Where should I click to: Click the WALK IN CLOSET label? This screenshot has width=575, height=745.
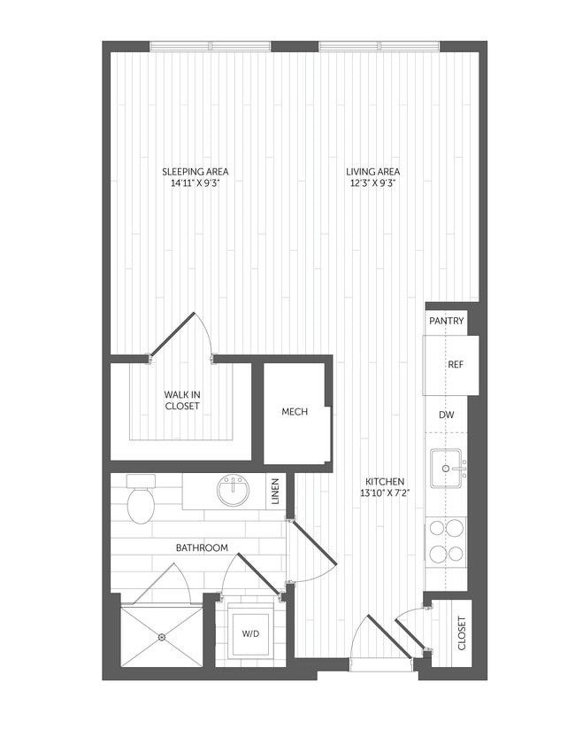(x=182, y=400)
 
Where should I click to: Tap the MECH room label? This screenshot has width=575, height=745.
(x=295, y=413)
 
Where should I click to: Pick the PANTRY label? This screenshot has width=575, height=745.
(x=447, y=322)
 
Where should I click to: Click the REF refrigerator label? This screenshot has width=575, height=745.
(x=456, y=364)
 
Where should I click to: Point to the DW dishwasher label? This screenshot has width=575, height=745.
(x=447, y=414)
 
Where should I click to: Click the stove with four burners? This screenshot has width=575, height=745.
(x=447, y=541)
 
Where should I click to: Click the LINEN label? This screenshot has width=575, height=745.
(x=277, y=492)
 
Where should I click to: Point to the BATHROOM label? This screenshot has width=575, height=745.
(x=202, y=548)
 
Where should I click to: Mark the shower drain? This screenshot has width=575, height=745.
(x=162, y=637)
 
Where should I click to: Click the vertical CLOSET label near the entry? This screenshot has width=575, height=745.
(x=461, y=632)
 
